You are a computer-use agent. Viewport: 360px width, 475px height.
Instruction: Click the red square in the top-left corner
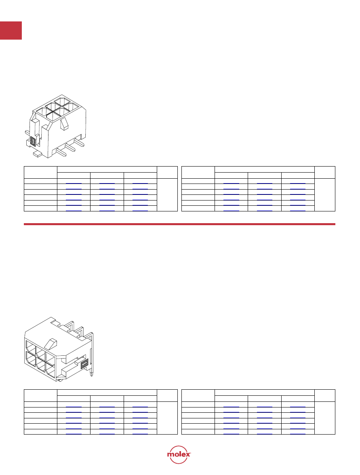(11, 30)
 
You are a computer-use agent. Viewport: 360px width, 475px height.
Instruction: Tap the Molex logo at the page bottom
(179, 454)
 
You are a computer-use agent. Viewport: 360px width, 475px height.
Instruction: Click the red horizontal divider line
(179, 224)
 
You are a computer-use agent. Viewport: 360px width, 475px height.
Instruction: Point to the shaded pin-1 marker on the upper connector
(33, 141)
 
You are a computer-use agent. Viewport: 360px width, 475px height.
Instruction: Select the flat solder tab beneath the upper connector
(37, 154)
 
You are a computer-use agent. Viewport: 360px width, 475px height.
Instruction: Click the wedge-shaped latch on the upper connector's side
(65, 124)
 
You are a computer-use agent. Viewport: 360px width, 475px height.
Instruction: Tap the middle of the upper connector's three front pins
(71, 148)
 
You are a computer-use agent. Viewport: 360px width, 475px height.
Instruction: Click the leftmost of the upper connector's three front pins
(61, 152)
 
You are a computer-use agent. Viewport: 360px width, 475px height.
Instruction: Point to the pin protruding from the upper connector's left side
(27, 133)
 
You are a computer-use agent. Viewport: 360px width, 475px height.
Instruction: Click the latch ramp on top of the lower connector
(51, 343)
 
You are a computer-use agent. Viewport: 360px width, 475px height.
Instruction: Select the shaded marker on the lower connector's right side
(84, 363)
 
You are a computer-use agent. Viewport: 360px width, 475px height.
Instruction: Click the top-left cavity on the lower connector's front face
(31, 346)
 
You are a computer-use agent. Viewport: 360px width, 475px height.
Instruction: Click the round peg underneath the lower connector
(61, 379)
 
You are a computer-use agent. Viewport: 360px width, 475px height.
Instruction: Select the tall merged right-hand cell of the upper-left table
(167, 195)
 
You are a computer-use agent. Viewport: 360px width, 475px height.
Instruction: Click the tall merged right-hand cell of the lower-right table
(325, 418)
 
